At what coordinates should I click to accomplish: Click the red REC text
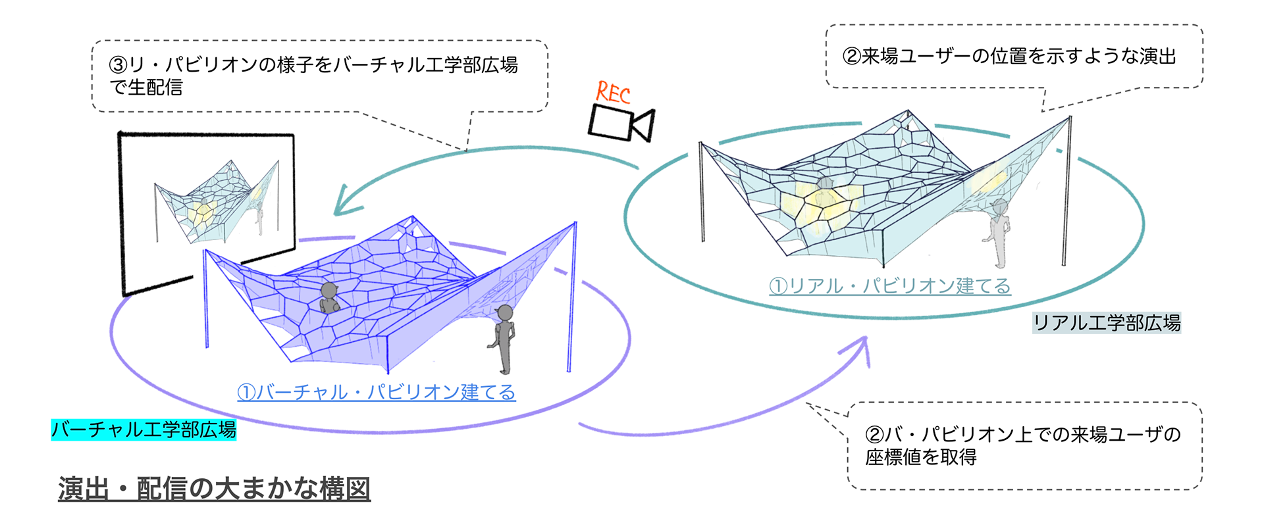click(x=614, y=93)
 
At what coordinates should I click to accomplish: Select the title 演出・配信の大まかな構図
click(x=214, y=489)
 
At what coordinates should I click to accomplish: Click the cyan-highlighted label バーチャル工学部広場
click(x=144, y=430)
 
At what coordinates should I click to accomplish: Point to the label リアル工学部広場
click(x=1107, y=323)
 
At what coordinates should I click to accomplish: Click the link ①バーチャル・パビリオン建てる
click(x=377, y=393)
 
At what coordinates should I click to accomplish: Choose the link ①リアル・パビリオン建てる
click(x=890, y=286)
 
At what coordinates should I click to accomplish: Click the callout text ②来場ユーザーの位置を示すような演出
click(x=1009, y=57)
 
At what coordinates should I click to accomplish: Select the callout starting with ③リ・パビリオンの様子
click(x=313, y=76)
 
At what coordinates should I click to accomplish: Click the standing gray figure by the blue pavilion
click(x=503, y=338)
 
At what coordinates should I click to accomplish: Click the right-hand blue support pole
click(x=572, y=296)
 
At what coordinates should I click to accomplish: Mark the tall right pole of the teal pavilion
click(x=1066, y=191)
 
